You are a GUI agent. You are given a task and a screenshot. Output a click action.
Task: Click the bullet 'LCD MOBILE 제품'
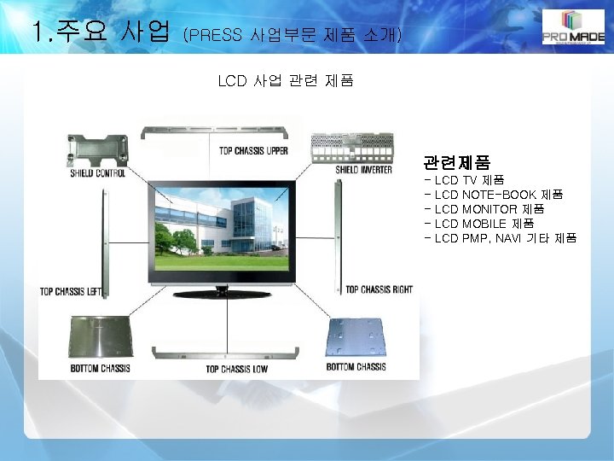click(x=479, y=223)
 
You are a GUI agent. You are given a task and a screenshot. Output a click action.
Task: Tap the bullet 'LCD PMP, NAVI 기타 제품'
click(x=501, y=237)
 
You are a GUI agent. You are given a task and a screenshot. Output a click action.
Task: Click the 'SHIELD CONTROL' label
click(x=98, y=173)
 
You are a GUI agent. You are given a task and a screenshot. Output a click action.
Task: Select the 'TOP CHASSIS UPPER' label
click(x=253, y=151)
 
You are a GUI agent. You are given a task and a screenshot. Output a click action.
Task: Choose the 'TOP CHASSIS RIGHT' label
click(x=379, y=289)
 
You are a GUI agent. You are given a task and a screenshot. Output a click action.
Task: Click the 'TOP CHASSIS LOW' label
click(x=237, y=369)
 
